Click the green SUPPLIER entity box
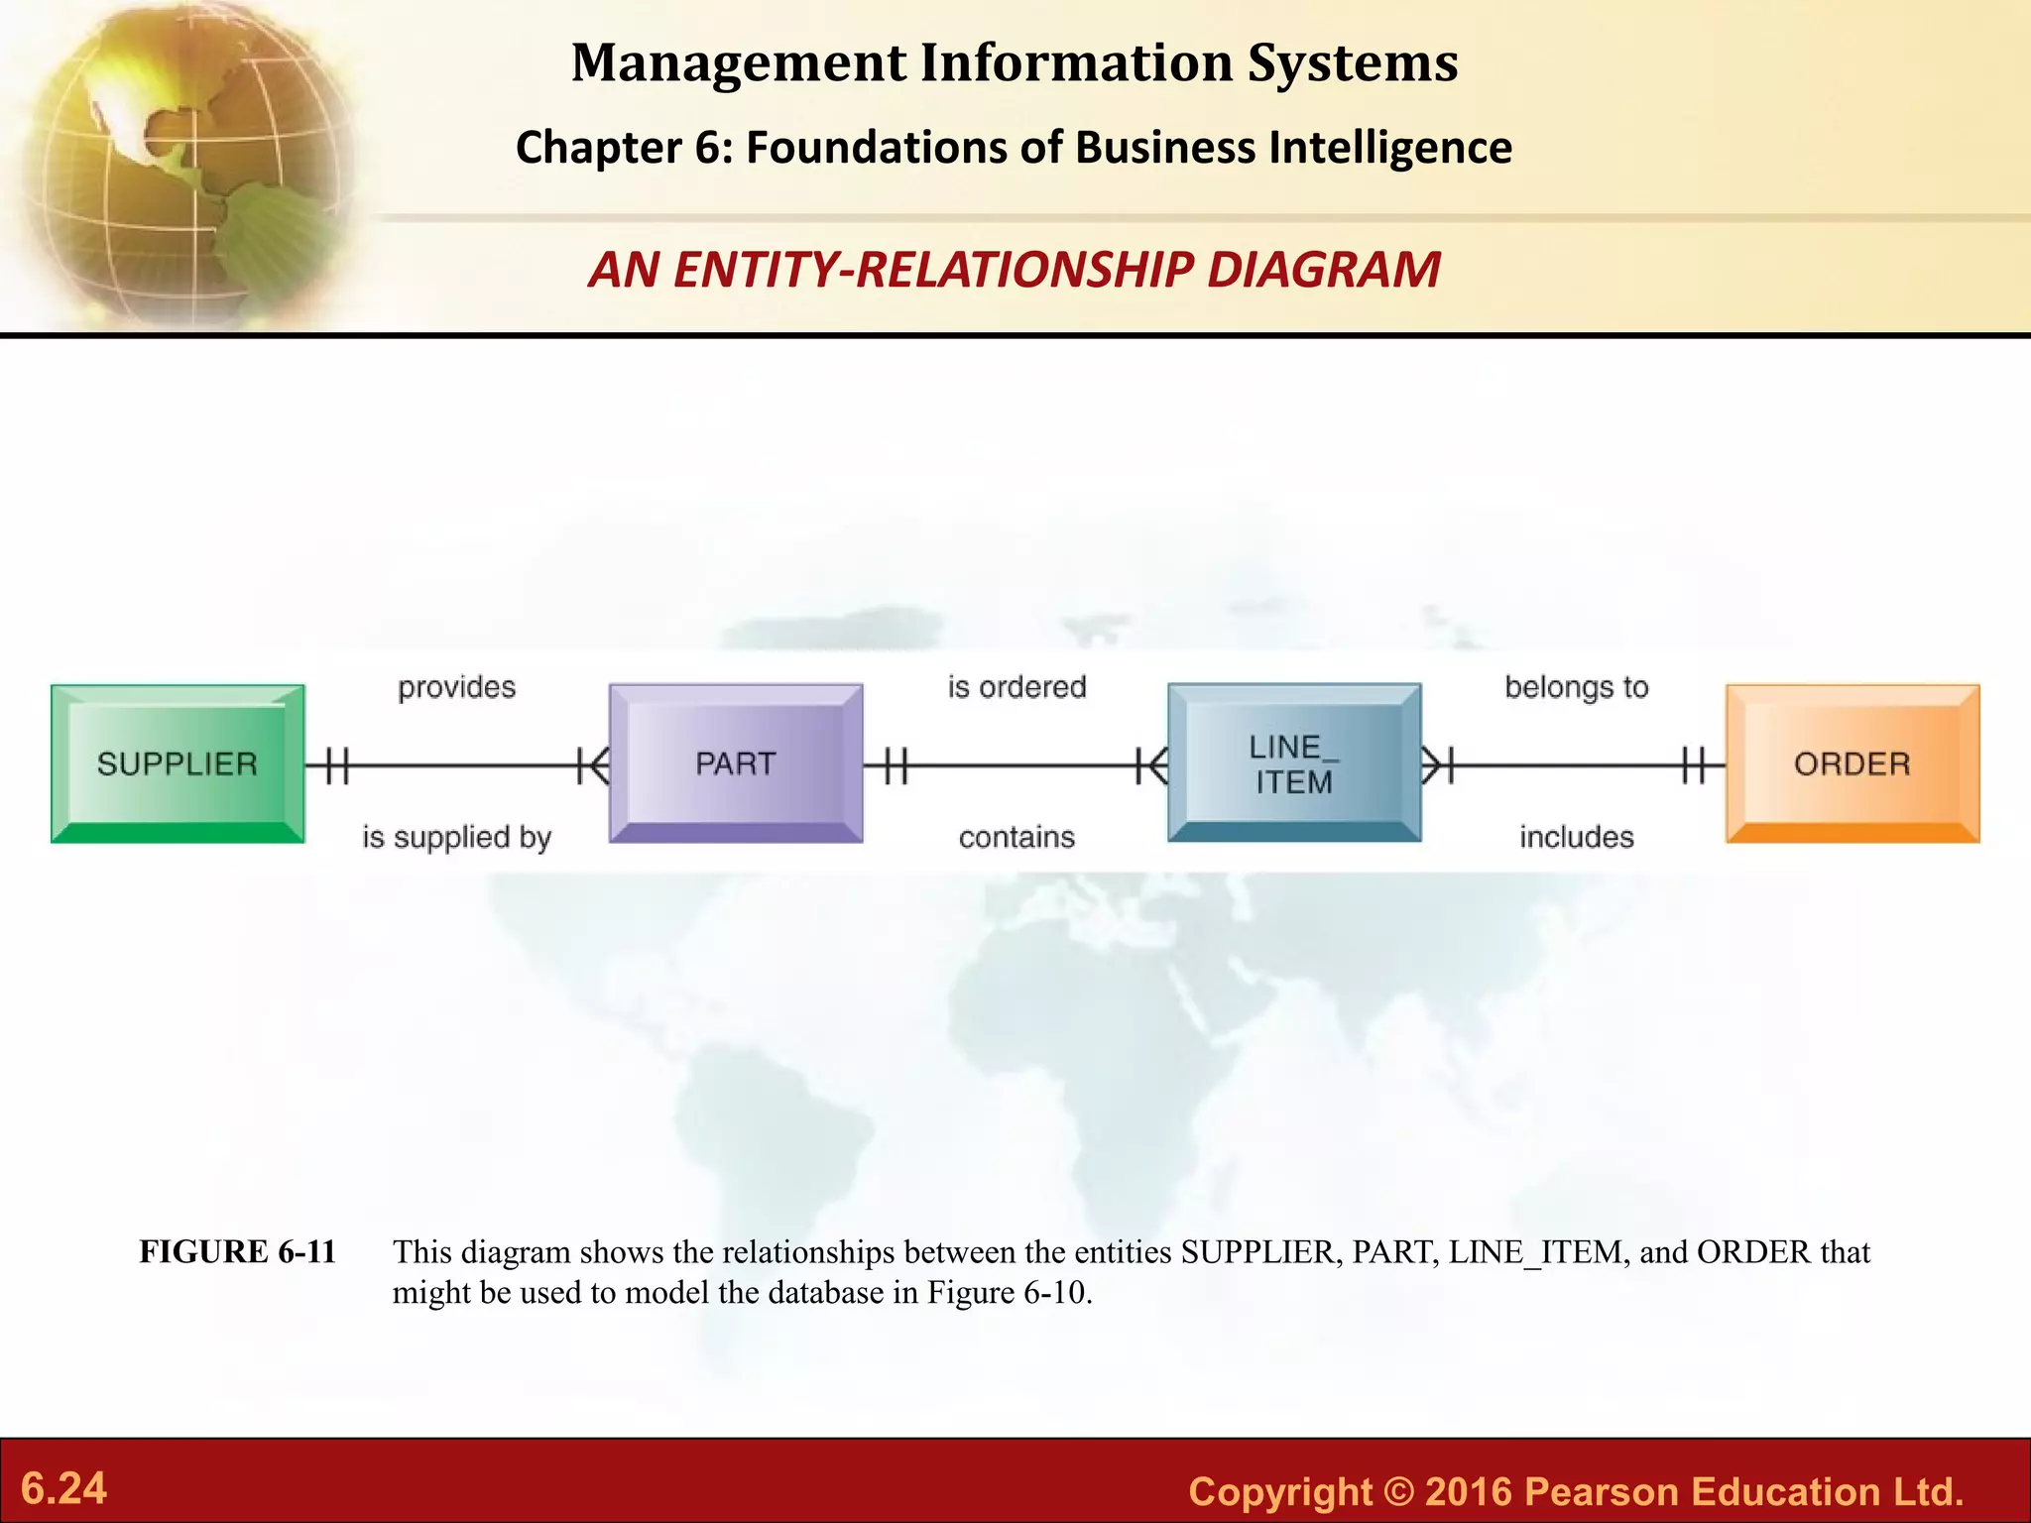[x=178, y=763]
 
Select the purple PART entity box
[x=735, y=763]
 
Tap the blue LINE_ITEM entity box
[x=1293, y=763]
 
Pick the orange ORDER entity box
[x=1852, y=763]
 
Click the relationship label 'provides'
[x=456, y=687]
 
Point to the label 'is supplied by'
[x=456, y=838]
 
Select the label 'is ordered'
[x=1016, y=687]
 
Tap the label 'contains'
[x=1016, y=838]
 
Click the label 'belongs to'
[x=1576, y=687]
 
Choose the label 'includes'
[x=1576, y=838]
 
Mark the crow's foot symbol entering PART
[x=593, y=765]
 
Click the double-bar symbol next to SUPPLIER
[x=337, y=765]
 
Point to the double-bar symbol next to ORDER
[x=1694, y=765]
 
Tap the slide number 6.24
[x=63, y=1488]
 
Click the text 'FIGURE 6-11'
[x=238, y=1252]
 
